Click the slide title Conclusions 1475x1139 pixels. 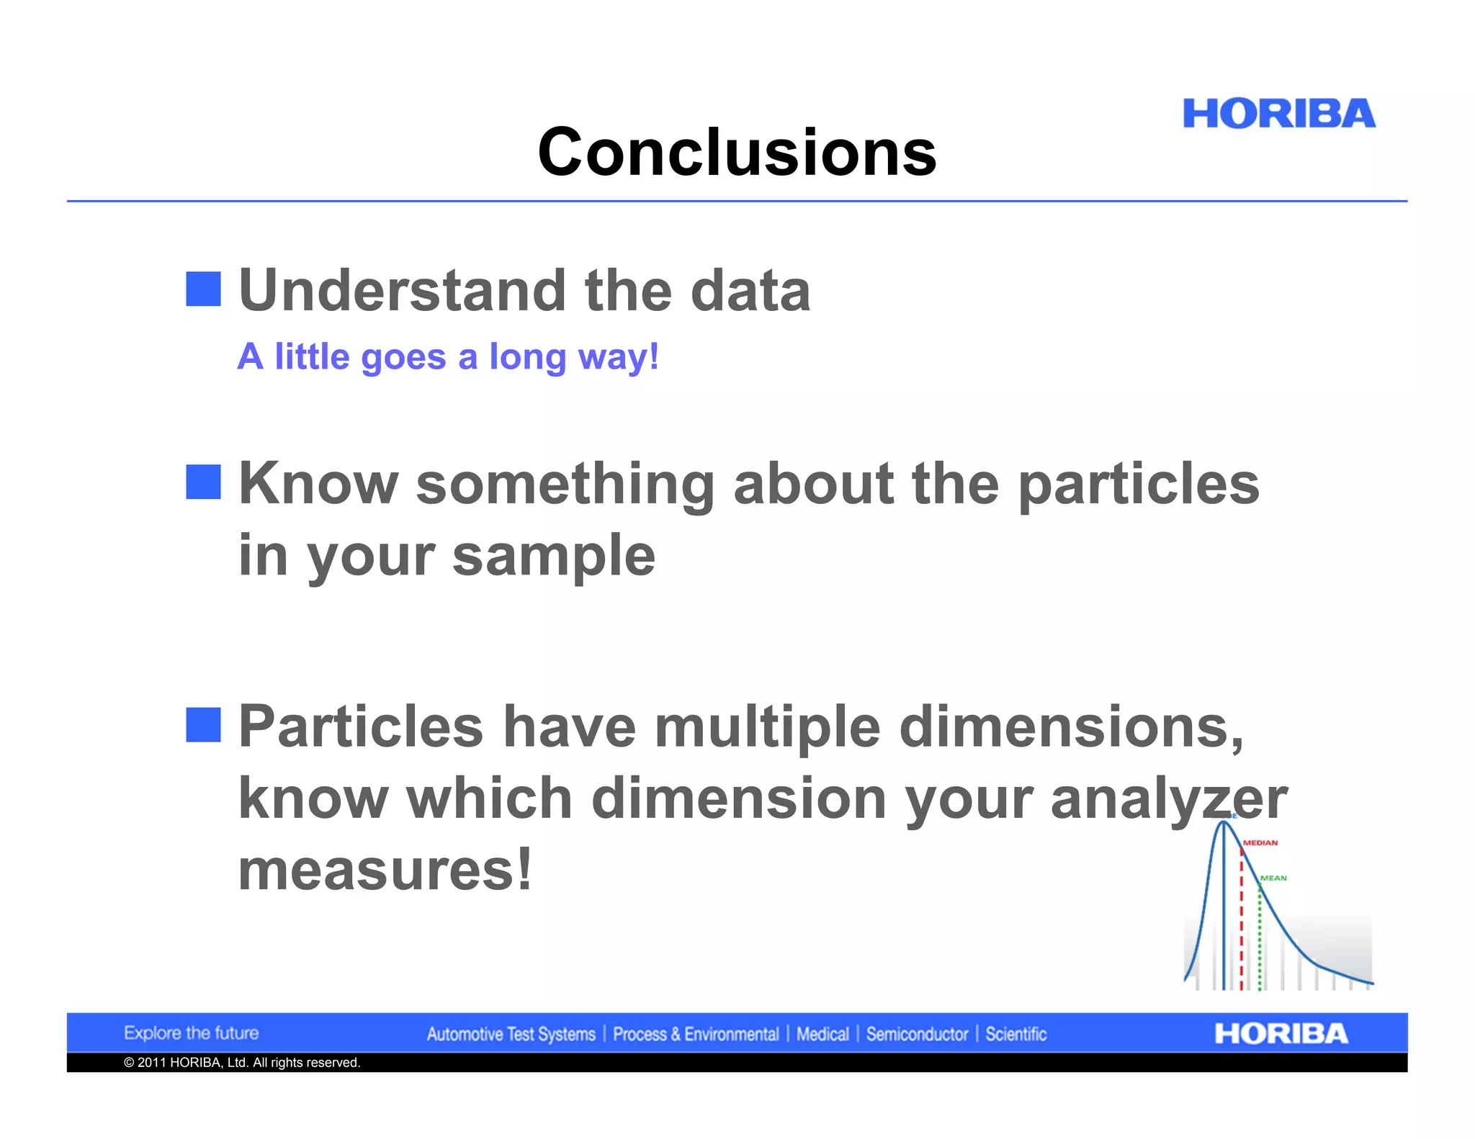pos(737,152)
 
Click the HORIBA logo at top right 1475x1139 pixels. pos(1278,114)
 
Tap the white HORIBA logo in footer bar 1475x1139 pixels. pos(1281,1034)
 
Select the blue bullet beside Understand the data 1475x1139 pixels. pos(203,289)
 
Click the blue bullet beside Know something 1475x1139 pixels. pos(203,482)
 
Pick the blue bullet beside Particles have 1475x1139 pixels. pos(203,724)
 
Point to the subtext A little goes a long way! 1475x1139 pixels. pos(447,356)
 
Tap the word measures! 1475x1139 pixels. pos(385,870)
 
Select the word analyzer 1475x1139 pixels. pos(1168,798)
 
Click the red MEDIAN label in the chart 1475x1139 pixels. pos(1260,842)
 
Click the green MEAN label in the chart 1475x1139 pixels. pos(1273,878)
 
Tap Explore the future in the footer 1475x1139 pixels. pos(191,1033)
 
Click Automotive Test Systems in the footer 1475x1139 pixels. pos(511,1035)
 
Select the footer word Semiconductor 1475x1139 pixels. pos(917,1035)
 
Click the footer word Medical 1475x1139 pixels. pos(822,1035)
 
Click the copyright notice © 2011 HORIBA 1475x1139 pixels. pos(242,1063)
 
